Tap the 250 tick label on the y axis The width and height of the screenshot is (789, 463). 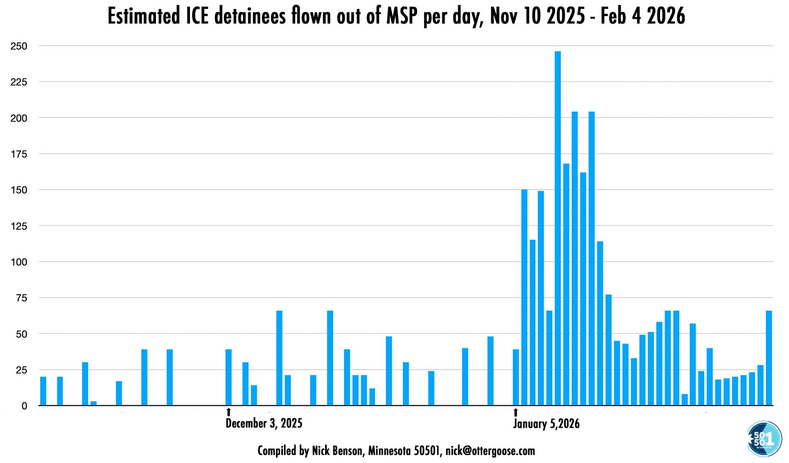click(x=19, y=46)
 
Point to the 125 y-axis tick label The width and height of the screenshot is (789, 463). click(x=19, y=226)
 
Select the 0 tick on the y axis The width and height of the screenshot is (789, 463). click(x=24, y=406)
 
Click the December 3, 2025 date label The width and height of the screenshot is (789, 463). click(x=264, y=423)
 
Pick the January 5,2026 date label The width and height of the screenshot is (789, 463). click(x=546, y=424)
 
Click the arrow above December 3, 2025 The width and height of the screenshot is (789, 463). click(x=228, y=412)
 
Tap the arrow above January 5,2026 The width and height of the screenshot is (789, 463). click(x=515, y=412)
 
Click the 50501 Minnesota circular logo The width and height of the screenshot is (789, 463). click(x=764, y=439)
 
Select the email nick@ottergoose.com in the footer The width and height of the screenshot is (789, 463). click(x=490, y=451)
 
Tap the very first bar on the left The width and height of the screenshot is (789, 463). click(x=43, y=391)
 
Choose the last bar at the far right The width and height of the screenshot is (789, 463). click(x=769, y=358)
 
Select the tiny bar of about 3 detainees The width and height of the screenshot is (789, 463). click(x=93, y=403)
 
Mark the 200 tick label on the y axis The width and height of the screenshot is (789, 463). click(x=19, y=118)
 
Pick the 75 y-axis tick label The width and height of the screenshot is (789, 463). click(x=21, y=298)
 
